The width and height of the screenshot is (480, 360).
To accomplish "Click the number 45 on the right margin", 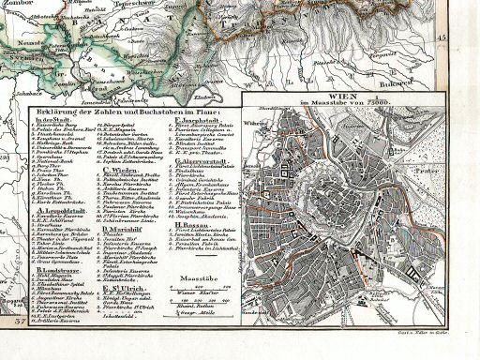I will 468,35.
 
